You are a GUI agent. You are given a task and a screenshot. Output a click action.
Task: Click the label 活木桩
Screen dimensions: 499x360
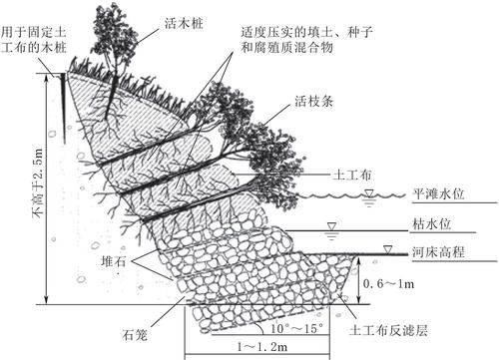tap(184, 23)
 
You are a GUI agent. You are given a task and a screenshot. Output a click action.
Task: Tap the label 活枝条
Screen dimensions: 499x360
tap(313, 101)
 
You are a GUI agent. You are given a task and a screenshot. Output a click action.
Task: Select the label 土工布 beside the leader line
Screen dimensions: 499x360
tap(351, 175)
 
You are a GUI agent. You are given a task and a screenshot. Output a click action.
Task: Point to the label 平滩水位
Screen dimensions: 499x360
tap(438, 193)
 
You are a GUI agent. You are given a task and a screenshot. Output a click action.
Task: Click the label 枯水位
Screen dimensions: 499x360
tap(432, 223)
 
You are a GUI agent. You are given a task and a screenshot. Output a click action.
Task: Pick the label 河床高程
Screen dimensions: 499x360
tap(438, 252)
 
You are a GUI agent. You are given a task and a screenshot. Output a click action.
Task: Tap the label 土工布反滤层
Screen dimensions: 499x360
tap(388, 330)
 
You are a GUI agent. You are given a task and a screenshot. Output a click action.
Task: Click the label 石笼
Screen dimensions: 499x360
tap(135, 334)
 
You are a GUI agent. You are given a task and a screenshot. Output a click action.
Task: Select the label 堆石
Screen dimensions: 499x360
tap(114, 262)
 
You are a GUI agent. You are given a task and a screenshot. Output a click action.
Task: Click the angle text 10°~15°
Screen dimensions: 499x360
tap(296, 328)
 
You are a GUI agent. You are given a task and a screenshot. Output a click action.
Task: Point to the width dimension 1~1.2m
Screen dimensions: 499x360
tap(262, 347)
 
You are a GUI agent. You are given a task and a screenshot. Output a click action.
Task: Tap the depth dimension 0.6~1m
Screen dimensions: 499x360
tap(388, 283)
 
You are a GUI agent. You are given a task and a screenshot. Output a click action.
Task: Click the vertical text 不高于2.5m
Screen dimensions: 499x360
tap(38, 182)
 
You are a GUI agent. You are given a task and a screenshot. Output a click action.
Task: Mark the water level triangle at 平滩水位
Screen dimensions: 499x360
tap(369, 192)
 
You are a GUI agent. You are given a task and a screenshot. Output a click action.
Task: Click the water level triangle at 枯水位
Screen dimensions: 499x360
tap(331, 226)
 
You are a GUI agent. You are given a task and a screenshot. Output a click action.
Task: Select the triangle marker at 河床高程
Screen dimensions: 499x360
tap(387, 249)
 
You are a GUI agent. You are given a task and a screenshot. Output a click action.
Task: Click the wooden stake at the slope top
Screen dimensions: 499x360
tap(63, 108)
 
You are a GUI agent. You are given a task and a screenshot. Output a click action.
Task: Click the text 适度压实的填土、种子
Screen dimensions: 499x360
tap(306, 32)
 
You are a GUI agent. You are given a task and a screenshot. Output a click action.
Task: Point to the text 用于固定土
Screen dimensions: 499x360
tap(33, 32)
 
